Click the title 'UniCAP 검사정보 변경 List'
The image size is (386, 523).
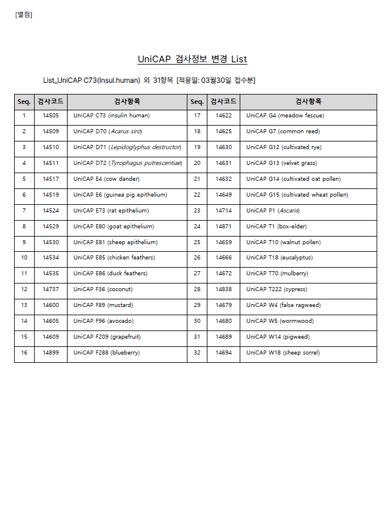click(x=192, y=59)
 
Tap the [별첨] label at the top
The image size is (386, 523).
click(x=24, y=15)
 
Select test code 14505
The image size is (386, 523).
click(x=51, y=116)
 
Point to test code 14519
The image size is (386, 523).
click(x=51, y=195)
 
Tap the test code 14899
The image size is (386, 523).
click(x=51, y=353)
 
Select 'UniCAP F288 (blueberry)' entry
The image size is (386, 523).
click(x=106, y=353)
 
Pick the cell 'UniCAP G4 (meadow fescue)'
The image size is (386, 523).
click(x=285, y=116)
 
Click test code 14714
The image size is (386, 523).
click(x=223, y=211)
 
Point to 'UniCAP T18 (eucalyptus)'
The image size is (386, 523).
click(x=279, y=258)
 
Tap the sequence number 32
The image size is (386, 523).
click(x=197, y=353)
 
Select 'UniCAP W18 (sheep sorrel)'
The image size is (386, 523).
click(x=283, y=353)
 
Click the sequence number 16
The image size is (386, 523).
click(x=24, y=353)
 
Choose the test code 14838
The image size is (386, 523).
click(x=223, y=289)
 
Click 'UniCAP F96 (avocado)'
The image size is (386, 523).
click(x=103, y=321)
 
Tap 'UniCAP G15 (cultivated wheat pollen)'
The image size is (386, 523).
click(x=297, y=195)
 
